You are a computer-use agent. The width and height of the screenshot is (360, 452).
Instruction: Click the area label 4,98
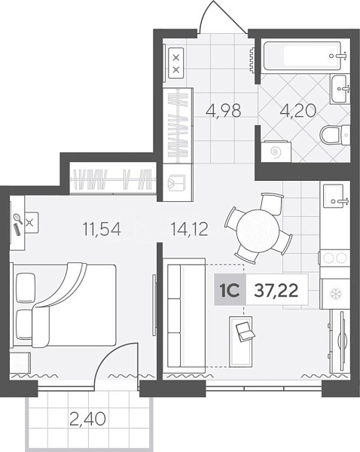224,111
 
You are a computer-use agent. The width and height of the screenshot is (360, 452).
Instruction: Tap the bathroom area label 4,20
298,111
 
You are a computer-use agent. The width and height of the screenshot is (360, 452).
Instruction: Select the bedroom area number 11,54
102,229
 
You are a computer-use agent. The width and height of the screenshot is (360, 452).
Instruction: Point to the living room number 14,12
189,229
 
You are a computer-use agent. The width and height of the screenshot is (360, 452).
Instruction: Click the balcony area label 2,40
87,419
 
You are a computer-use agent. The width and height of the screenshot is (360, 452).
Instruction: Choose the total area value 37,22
276,290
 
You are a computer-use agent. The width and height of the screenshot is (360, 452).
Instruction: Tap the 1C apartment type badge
230,290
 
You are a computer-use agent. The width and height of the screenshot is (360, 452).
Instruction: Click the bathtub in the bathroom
302,56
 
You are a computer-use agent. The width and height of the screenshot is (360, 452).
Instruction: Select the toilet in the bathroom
335,135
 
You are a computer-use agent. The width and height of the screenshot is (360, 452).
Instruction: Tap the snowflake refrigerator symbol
335,294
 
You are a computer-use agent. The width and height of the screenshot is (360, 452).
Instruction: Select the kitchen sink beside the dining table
335,196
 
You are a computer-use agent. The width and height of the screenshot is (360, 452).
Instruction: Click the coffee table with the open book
241,341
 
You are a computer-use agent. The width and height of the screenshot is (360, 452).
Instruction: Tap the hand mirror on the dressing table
18,218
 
